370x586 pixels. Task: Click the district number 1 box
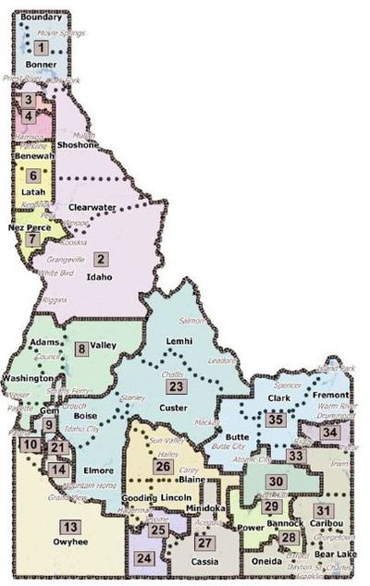pyautogui.click(x=42, y=47)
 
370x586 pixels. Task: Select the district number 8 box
pyautogui.click(x=82, y=348)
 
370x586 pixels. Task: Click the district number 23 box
pyautogui.click(x=176, y=386)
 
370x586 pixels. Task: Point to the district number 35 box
pyautogui.click(x=275, y=420)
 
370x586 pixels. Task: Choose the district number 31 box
pyautogui.click(x=322, y=510)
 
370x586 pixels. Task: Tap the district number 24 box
pyautogui.click(x=143, y=558)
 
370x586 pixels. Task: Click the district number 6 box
pyautogui.click(x=33, y=174)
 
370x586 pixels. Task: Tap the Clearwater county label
pyautogui.click(x=92, y=208)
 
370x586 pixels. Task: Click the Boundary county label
pyautogui.click(x=40, y=18)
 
